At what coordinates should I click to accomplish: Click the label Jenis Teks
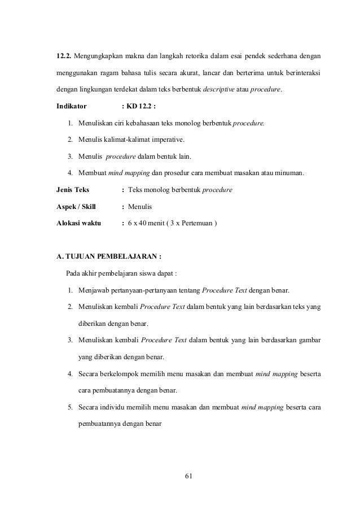[73, 190]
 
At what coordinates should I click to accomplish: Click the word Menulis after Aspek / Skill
[144, 206]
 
